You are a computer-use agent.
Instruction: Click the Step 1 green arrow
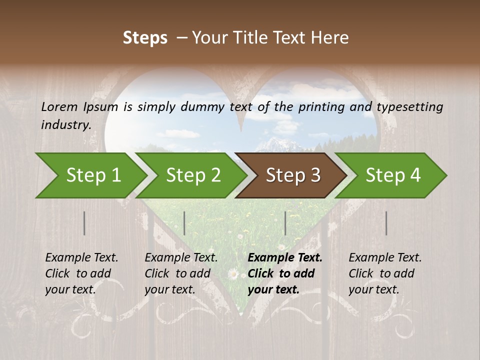click(90, 175)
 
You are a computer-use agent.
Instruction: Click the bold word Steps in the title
click(145, 38)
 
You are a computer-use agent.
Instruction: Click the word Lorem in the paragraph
click(59, 106)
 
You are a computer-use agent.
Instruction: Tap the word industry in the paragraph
click(65, 124)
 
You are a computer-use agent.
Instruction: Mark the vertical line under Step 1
click(84, 223)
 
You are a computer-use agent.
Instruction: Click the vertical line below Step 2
click(184, 223)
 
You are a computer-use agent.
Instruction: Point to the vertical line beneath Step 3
click(285, 223)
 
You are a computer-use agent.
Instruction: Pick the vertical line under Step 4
click(386, 223)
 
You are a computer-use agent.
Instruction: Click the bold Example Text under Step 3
click(285, 257)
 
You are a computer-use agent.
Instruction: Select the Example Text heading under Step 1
click(81, 257)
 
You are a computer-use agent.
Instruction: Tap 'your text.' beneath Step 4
click(374, 289)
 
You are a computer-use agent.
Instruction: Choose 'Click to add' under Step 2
click(177, 273)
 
